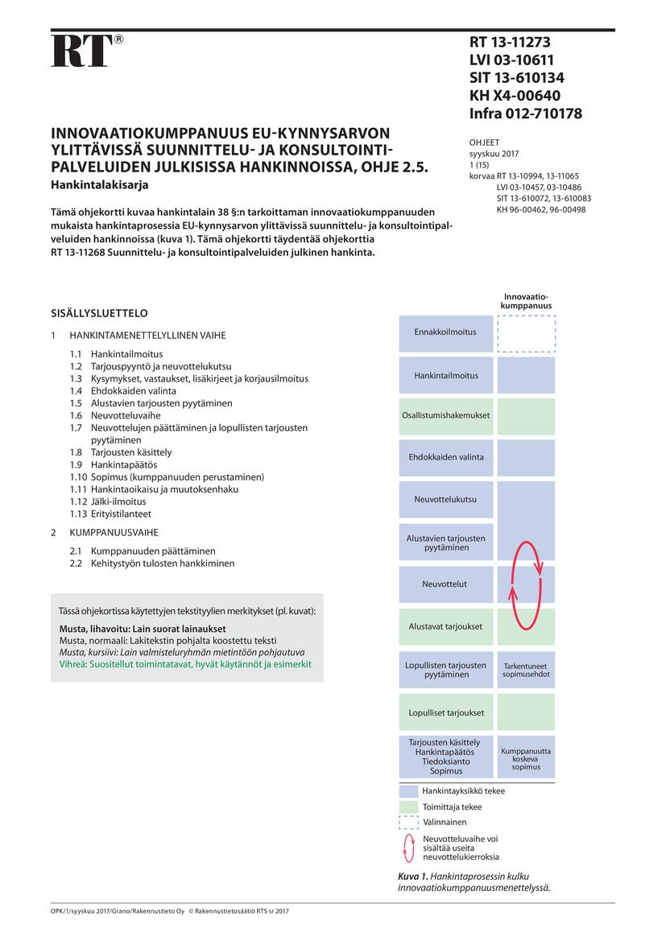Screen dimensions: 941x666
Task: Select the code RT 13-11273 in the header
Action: [510, 43]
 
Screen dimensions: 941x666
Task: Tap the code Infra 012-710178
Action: [525, 113]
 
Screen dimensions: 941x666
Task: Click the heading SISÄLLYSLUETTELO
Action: [99, 313]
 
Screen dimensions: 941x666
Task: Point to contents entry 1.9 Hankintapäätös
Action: [114, 464]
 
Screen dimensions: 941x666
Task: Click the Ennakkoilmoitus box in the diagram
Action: [445, 332]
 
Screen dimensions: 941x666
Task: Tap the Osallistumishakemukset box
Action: [445, 415]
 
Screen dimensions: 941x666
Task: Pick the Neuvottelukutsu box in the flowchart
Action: [445, 499]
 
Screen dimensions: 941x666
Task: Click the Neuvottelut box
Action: [445, 584]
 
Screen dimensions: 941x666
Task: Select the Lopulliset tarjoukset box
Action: [445, 712]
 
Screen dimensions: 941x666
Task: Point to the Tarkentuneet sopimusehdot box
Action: [525, 670]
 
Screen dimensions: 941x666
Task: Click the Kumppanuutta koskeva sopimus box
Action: [525, 759]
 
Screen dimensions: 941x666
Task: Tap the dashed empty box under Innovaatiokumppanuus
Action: [526, 333]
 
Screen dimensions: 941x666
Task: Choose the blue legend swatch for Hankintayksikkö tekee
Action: [408, 791]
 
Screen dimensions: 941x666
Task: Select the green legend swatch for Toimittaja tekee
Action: [408, 807]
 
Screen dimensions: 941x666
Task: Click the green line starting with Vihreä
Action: [185, 664]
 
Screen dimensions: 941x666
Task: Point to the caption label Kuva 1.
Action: [413, 876]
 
